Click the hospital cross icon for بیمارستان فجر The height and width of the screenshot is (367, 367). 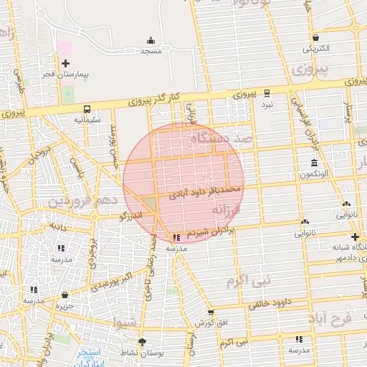66,64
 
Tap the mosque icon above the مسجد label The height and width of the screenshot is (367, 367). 151,40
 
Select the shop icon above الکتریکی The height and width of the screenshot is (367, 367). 315,38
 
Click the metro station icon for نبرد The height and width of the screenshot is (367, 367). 267,92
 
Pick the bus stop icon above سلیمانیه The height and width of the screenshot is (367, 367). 86,109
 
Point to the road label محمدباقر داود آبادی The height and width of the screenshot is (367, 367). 205,191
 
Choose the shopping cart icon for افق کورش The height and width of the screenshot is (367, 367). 211,313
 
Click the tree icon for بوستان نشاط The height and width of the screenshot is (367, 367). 142,341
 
